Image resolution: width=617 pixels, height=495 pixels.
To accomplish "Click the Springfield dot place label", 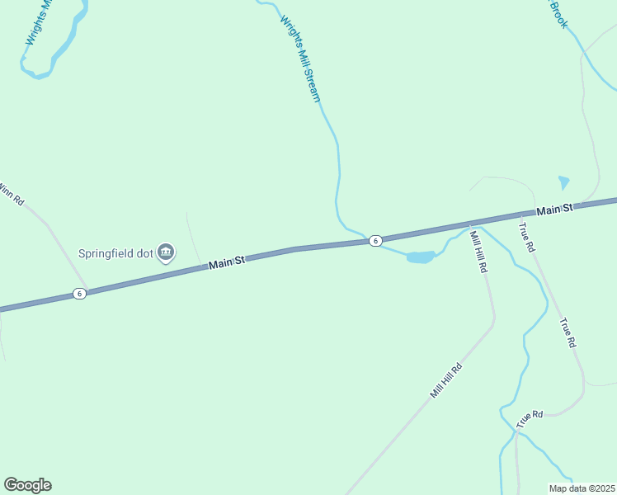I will pos(116,253).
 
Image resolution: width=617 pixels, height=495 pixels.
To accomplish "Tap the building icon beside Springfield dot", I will pos(166,252).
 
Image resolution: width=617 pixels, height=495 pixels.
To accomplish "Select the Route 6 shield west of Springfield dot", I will pos(78,294).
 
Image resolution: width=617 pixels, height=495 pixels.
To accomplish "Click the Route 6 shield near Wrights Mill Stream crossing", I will pos(375,241).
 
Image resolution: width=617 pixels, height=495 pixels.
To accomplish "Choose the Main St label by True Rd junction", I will pos(553,211).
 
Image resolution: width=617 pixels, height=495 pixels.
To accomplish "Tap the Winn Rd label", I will pos(12,194).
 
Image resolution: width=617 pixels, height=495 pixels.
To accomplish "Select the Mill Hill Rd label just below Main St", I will pos(478,252).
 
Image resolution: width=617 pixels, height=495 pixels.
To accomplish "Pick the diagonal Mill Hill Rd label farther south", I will pos(445,380).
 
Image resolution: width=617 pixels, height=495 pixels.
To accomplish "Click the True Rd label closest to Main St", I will pos(527,237).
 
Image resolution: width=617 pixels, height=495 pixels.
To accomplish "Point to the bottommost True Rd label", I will pos(530,418).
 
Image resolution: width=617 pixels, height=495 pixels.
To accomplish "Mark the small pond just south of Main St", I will pos(420,257).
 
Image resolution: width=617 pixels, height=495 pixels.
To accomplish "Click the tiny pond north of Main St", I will pos(564,182).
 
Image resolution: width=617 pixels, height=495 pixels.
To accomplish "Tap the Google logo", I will pos(27,485).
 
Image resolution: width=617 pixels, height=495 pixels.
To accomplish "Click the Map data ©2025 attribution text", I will pos(582,488).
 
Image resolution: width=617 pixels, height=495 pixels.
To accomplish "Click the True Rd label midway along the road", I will pos(567,332).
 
